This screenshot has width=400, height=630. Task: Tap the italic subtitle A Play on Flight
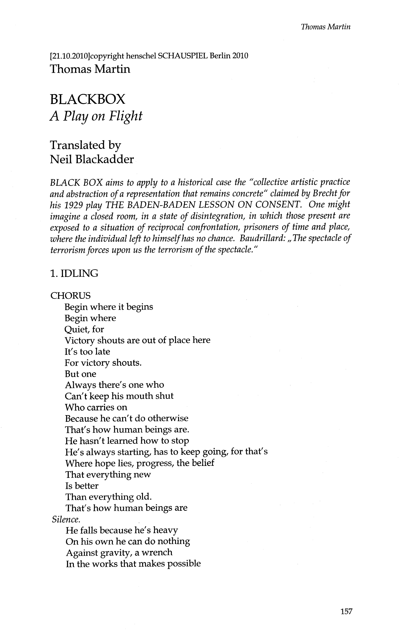coord(96,116)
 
